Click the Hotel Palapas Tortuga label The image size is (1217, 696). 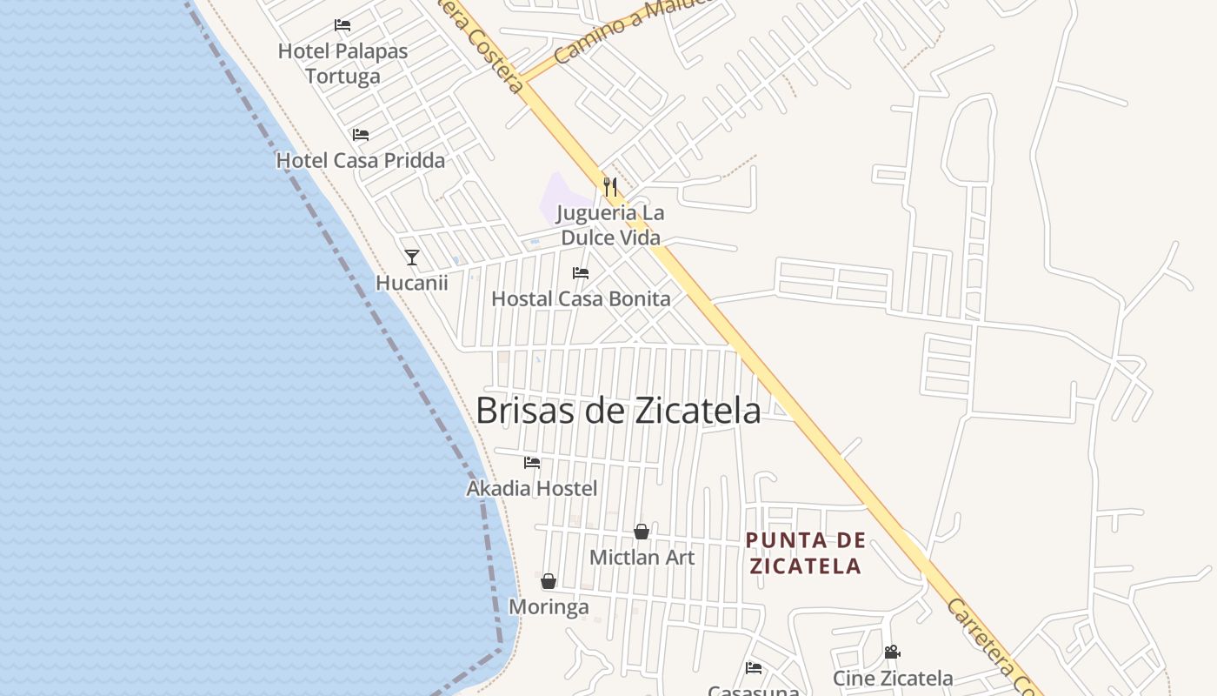coord(342,64)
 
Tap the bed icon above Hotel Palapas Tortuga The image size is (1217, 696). coord(342,25)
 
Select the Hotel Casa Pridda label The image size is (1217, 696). coord(360,161)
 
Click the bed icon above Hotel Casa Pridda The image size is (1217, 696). coord(361,135)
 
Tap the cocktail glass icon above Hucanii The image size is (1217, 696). coord(412,258)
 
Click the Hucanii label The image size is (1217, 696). coord(412,283)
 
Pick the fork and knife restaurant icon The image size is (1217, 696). coord(610,186)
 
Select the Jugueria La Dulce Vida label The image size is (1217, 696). coord(610,225)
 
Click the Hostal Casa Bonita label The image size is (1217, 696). coord(581,299)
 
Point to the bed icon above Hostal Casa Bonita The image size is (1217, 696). coord(581,273)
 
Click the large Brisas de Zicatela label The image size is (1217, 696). coord(618,411)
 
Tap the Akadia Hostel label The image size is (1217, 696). coord(532,489)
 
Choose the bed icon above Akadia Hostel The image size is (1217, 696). coord(532,463)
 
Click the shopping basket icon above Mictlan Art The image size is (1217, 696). coord(642,532)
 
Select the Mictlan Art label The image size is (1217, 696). coord(642,558)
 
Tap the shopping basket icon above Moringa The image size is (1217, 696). coord(549,581)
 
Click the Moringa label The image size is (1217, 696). coord(549,607)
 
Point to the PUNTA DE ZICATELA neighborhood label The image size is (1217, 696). coord(806,553)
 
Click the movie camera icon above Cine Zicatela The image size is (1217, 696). coord(892,652)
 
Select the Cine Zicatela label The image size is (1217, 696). coord(893,679)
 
